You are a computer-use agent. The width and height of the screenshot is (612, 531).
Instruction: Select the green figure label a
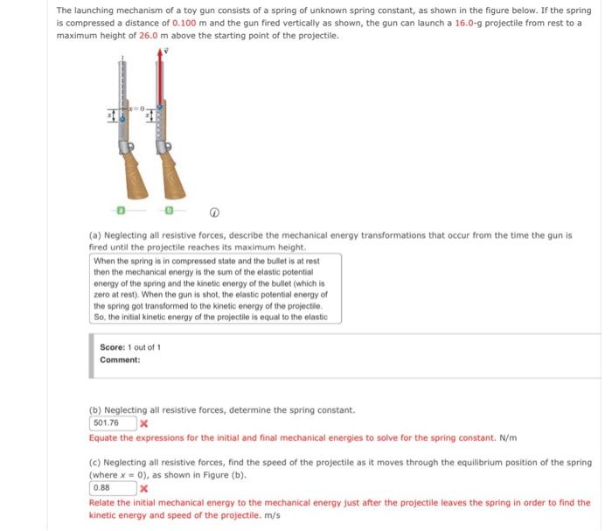click(122, 211)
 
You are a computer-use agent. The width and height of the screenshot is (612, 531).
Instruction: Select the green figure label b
click(170, 211)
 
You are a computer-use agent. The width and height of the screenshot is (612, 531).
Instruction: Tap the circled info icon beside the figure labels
click(214, 211)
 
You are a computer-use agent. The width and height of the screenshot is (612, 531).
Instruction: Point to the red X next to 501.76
click(143, 424)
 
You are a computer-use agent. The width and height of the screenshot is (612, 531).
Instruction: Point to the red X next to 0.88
click(143, 490)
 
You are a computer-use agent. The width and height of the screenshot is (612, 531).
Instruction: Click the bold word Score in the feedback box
click(112, 347)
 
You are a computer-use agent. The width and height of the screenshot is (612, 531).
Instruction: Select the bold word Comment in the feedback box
click(119, 360)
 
